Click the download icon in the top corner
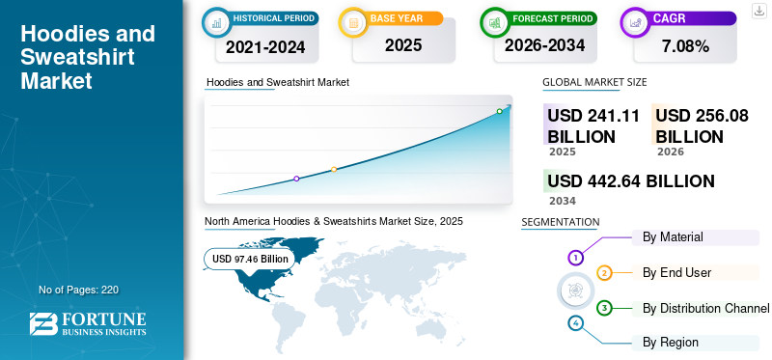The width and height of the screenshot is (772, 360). [758, 11]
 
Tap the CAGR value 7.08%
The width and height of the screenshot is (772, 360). [685, 46]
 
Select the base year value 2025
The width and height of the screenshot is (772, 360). [403, 45]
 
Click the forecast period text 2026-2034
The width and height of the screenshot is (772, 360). [544, 45]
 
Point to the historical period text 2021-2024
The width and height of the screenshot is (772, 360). [266, 47]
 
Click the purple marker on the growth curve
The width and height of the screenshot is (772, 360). [296, 179]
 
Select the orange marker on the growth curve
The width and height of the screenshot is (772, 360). [334, 170]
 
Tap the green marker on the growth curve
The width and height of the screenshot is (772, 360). [499, 111]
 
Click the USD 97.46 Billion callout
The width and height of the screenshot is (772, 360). [250, 259]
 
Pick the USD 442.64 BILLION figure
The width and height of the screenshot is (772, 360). [631, 181]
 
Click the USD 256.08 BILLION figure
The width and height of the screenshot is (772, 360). [702, 125]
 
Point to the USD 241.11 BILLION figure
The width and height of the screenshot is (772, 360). [593, 125]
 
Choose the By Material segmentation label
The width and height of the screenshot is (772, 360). [673, 236]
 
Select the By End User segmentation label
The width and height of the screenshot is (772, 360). [677, 272]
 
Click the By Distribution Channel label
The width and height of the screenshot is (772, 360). [706, 309]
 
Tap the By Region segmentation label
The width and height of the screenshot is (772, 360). [671, 343]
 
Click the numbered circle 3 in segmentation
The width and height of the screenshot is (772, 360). [604, 308]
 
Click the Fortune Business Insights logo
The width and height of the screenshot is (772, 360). [88, 324]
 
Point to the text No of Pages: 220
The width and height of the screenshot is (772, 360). [79, 290]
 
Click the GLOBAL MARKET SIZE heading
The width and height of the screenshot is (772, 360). [594, 82]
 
